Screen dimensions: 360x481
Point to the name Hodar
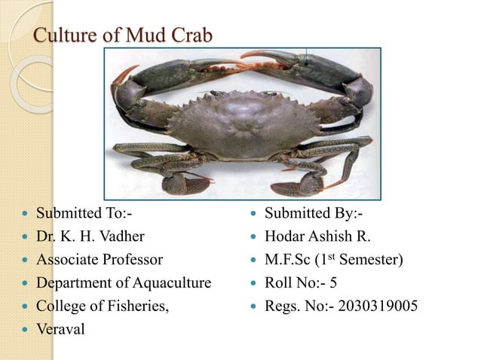[x=286, y=237]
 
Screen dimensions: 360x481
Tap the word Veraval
[x=63, y=330]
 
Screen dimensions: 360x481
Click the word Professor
[x=132, y=261]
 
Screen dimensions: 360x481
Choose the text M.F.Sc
[x=286, y=261]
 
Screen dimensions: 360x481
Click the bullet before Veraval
[x=25, y=331]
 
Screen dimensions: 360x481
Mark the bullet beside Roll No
[x=252, y=284]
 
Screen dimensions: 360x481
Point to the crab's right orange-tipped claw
[x=256, y=56]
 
